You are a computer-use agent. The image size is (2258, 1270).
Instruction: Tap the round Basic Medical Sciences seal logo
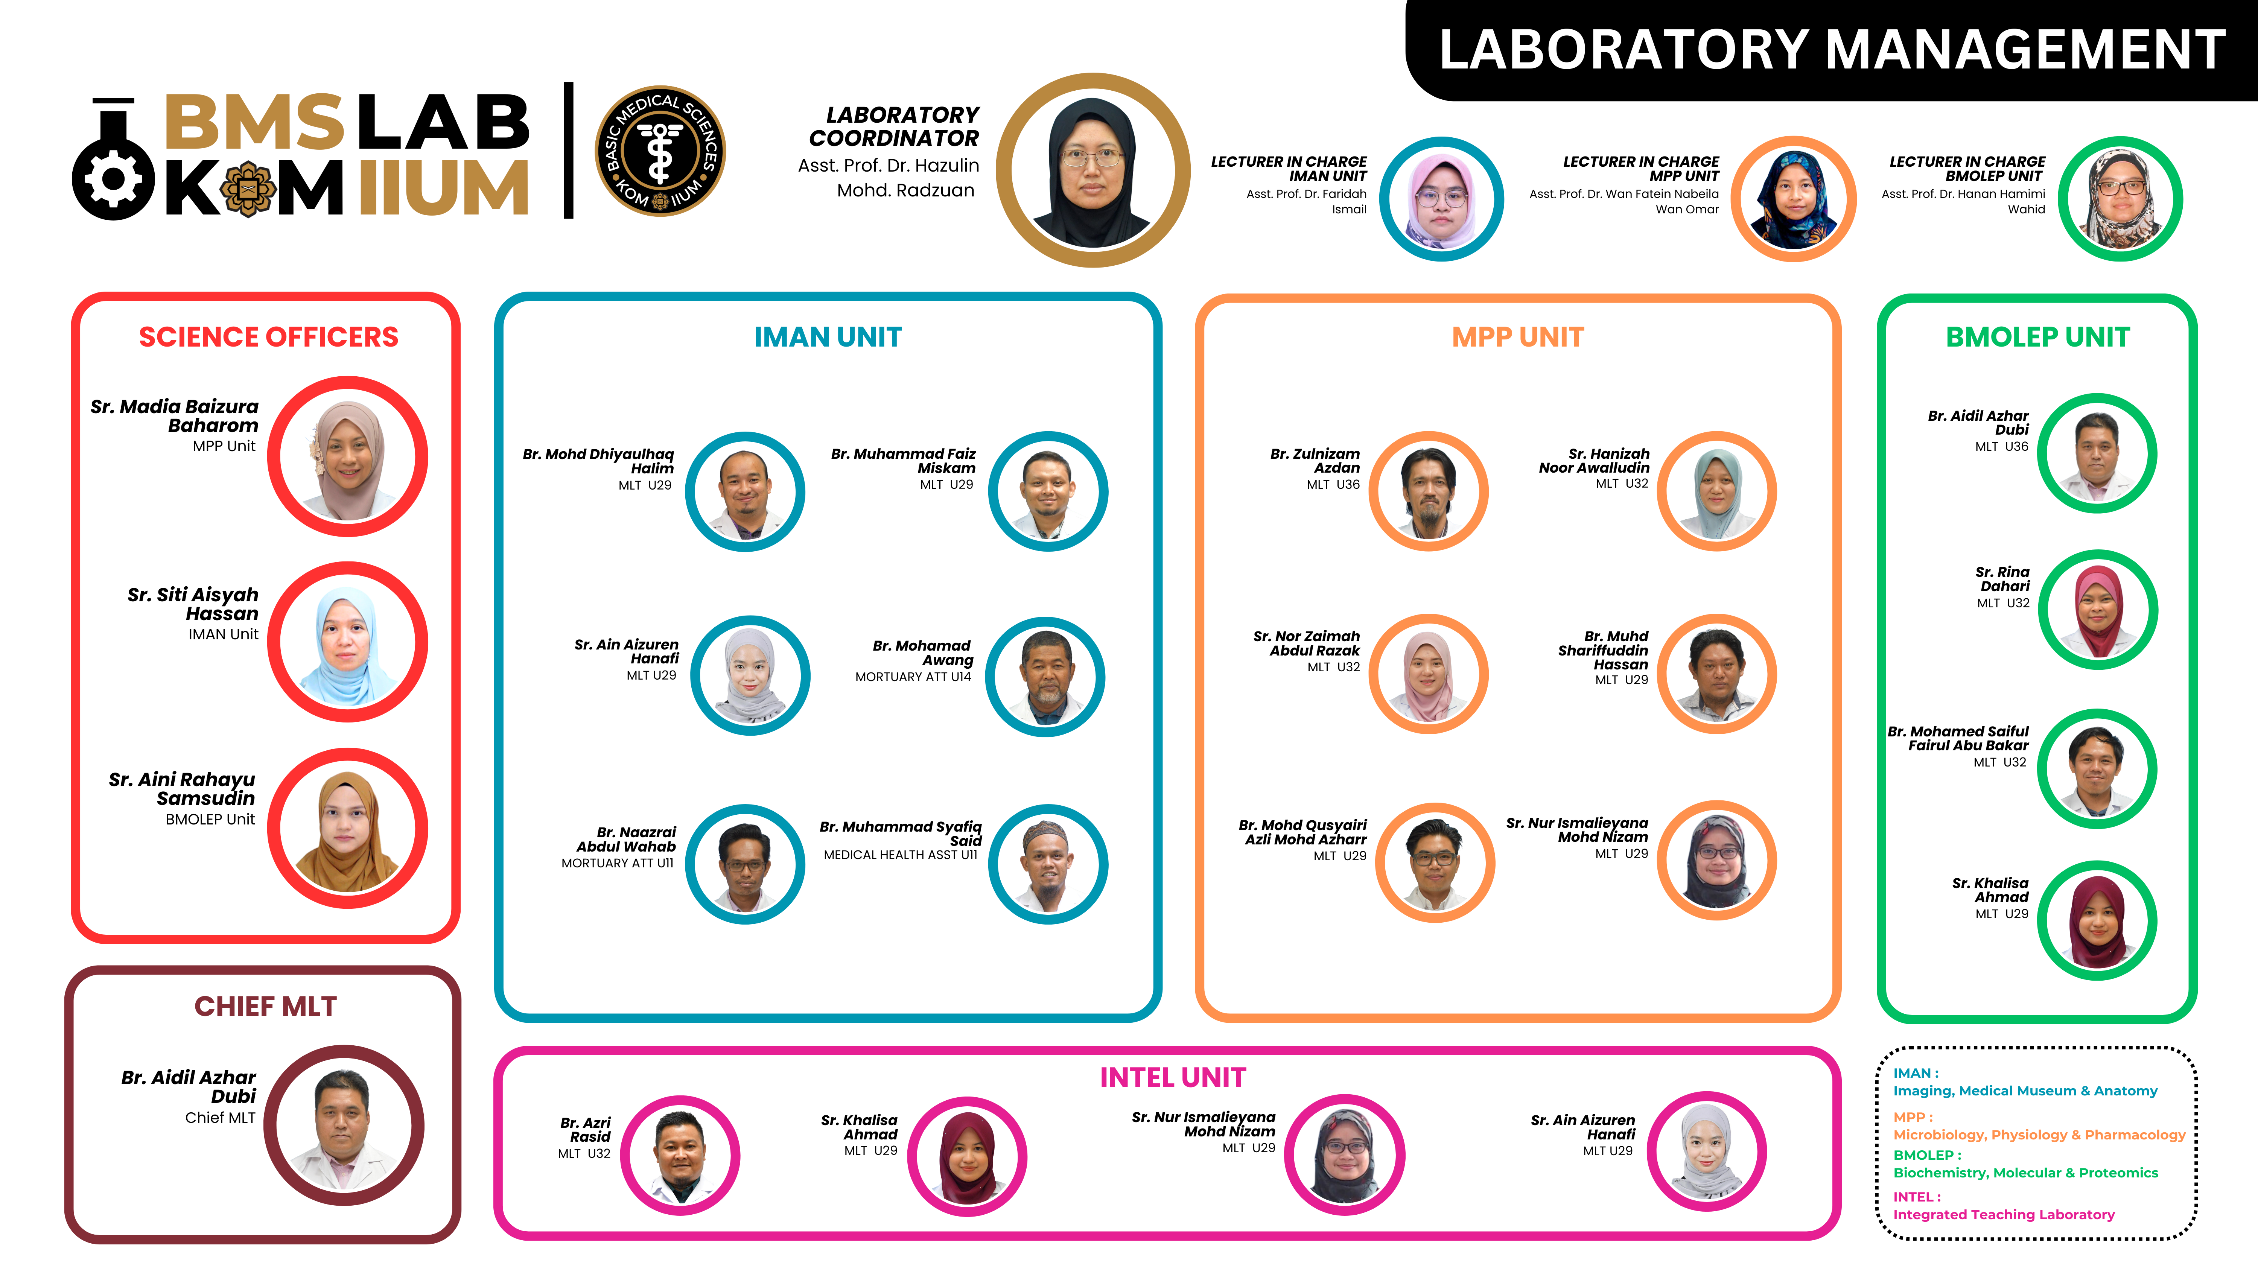(x=660, y=151)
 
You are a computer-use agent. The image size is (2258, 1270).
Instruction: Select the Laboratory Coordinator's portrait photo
(x=1092, y=170)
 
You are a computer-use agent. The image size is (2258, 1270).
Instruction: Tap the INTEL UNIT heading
(x=1173, y=1077)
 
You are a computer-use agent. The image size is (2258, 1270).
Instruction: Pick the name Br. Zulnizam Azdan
(x=1315, y=461)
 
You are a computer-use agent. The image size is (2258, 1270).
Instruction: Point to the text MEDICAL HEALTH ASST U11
(x=900, y=855)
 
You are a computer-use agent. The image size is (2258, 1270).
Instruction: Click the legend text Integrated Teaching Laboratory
(x=2004, y=1215)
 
